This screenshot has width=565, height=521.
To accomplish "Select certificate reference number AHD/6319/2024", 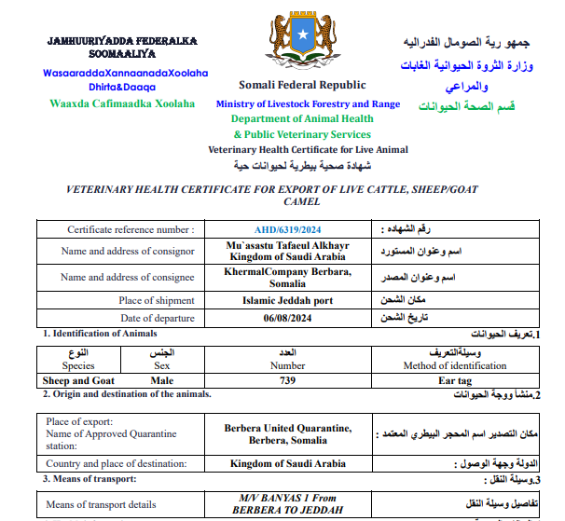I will click(288, 229).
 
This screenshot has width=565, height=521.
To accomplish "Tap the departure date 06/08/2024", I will click(288, 319).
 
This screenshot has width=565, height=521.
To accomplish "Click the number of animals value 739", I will click(288, 380).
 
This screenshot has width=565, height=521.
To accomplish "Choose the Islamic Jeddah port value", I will click(288, 300).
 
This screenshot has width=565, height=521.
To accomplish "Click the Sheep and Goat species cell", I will click(79, 380).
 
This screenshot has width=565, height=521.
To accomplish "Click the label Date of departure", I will click(158, 319).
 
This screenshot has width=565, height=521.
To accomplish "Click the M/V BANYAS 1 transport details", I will click(288, 504).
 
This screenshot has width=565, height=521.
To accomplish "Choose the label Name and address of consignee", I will click(128, 277).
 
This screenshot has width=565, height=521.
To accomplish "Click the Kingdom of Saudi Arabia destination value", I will click(288, 463).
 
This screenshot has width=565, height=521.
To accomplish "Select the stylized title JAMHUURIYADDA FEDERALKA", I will click(122, 42).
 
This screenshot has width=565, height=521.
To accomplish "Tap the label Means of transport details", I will click(102, 504).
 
